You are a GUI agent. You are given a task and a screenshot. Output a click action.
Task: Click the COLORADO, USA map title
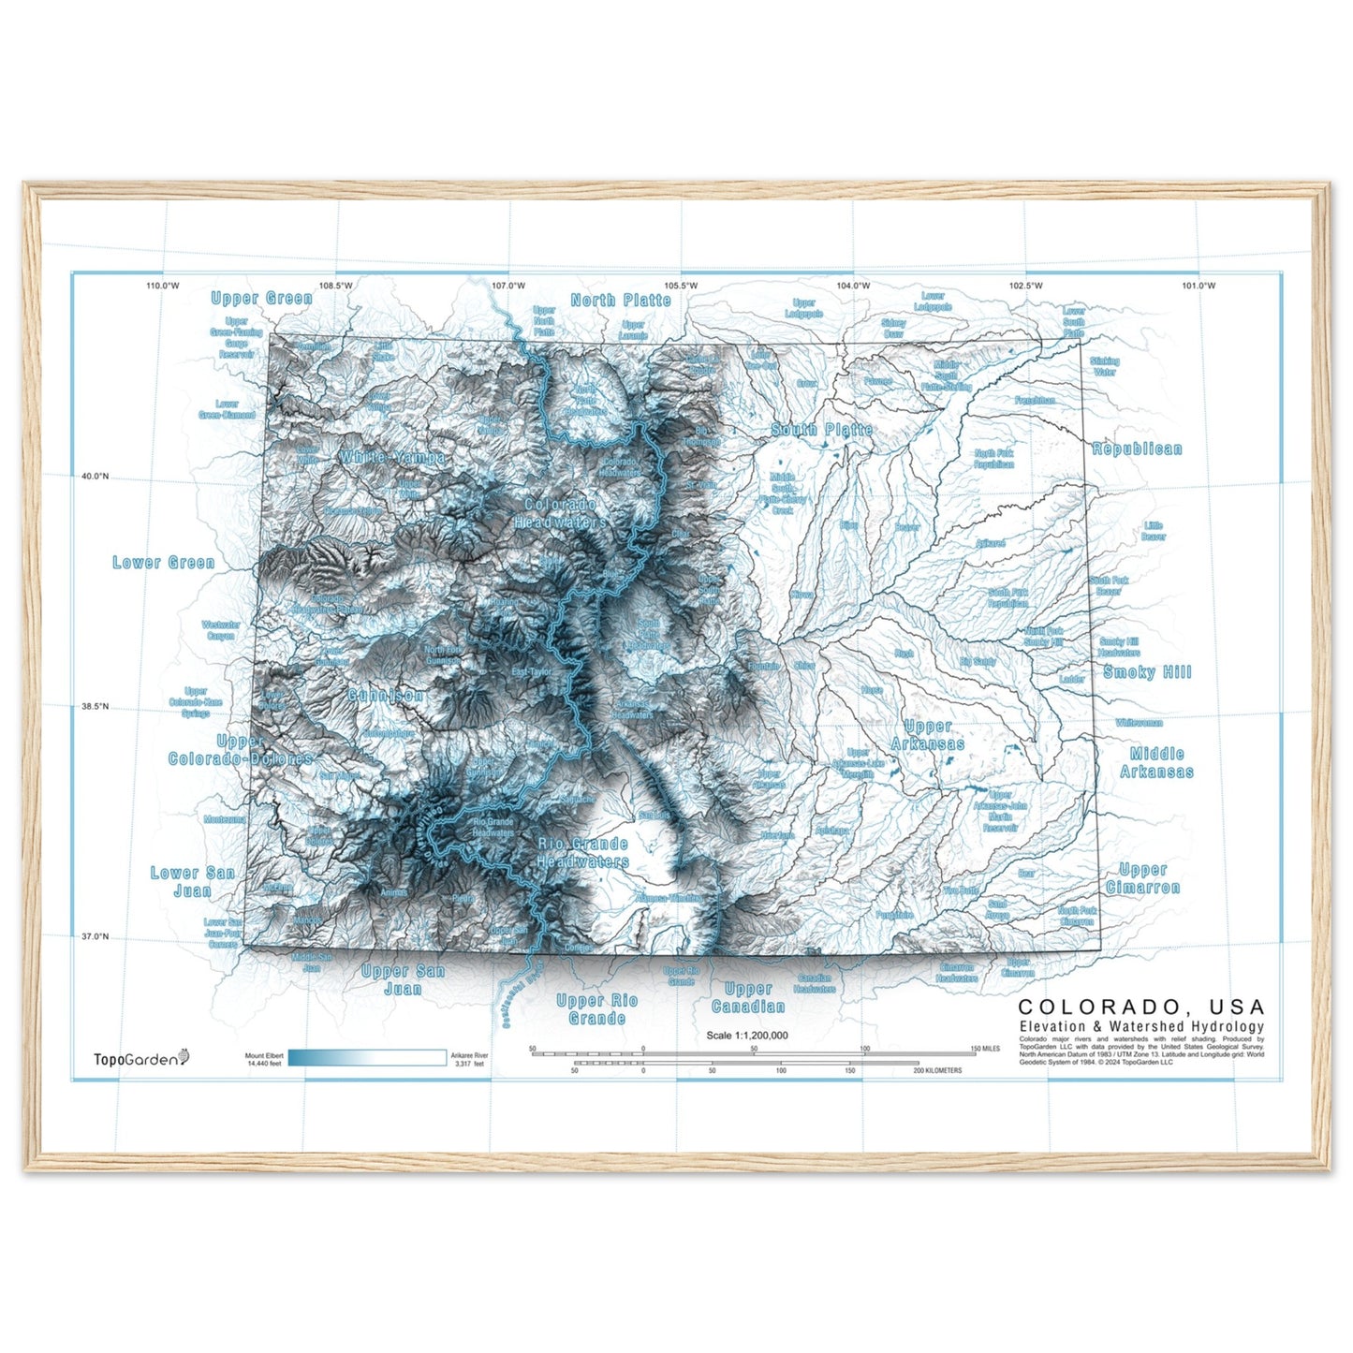point(1140,1007)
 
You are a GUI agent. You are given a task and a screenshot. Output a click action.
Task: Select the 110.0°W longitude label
point(162,286)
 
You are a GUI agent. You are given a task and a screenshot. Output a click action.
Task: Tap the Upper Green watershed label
point(261,299)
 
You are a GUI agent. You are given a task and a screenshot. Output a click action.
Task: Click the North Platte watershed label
point(621,301)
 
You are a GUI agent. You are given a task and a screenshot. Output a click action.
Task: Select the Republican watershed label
point(1137,449)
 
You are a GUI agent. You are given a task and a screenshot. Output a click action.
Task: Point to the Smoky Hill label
point(1147,672)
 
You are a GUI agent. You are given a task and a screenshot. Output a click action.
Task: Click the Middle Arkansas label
point(1156,763)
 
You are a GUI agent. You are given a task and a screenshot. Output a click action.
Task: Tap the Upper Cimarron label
point(1142,878)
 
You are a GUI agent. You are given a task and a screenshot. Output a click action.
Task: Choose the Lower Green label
point(164,563)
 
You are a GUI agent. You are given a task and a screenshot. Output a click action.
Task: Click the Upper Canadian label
point(747,998)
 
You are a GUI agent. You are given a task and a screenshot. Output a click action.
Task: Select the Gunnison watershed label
point(385,696)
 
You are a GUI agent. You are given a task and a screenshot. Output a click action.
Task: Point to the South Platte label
point(821,430)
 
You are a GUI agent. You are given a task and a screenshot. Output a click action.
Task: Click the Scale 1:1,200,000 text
point(747,1036)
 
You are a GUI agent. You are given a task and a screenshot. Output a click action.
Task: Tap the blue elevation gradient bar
point(367,1058)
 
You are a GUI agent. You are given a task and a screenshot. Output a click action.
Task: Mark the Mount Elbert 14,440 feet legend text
point(264,1060)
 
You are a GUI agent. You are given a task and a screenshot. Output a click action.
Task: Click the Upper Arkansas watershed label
point(927,735)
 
